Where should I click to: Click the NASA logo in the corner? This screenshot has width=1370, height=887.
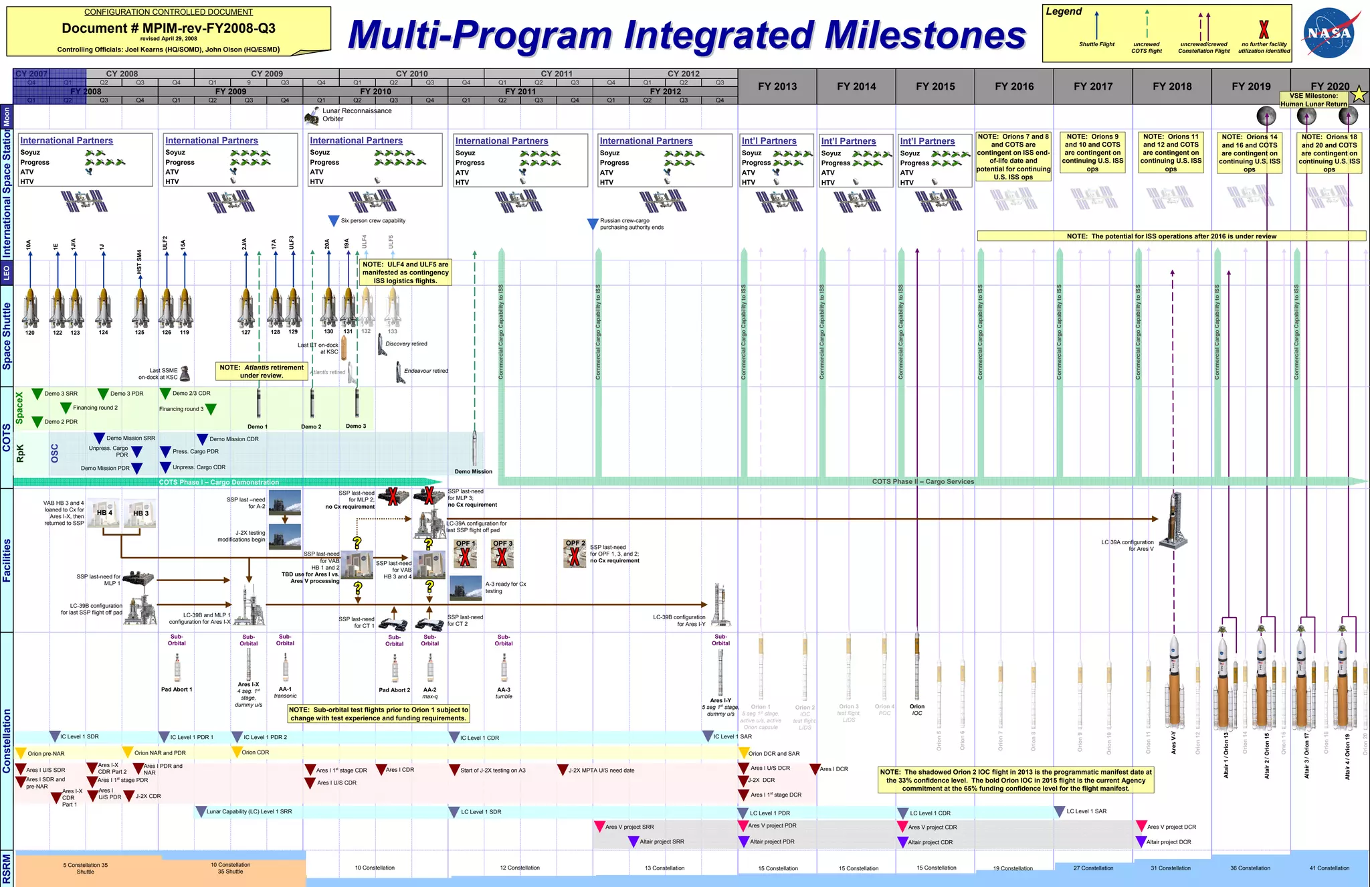coord(1329,33)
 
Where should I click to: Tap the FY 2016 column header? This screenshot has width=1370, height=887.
coord(1014,86)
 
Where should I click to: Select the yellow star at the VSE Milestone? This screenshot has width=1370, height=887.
coord(1359,95)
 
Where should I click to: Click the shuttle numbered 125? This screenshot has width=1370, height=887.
coord(140,309)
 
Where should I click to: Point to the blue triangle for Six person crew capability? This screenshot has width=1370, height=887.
coord(333,221)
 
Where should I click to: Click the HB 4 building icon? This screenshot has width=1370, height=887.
coord(104,513)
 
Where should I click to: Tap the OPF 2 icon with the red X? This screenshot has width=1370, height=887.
coord(575,554)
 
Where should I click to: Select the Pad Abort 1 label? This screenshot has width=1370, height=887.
coord(177,690)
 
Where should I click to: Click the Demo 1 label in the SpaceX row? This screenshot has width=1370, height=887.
coord(257,426)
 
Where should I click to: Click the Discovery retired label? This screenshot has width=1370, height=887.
coord(406,344)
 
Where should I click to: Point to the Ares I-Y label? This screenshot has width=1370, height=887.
coord(720,700)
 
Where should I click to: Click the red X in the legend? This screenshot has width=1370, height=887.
coord(1264,29)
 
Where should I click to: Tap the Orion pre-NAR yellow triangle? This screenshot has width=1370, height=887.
coord(21,753)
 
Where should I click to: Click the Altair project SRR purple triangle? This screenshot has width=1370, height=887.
coord(633,842)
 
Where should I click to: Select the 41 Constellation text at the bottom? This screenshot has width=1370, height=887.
coord(1329,868)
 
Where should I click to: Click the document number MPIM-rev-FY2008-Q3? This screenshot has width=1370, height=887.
coord(169,28)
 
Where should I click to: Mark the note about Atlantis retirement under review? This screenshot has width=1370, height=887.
coord(262,372)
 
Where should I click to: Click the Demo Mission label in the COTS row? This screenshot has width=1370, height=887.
coord(473,472)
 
